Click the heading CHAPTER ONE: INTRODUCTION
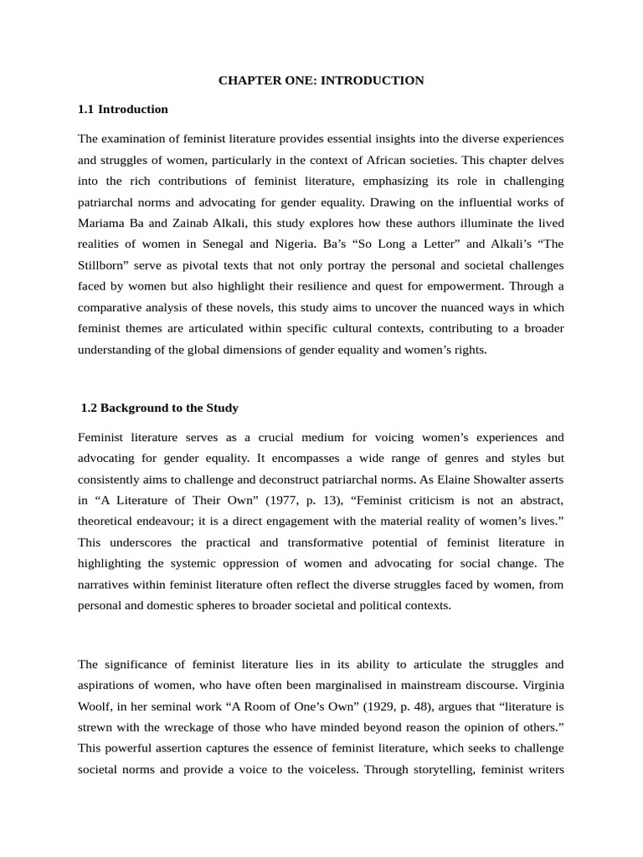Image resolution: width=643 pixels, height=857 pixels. pos(321,80)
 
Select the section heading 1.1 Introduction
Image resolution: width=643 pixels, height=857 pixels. pos(122,109)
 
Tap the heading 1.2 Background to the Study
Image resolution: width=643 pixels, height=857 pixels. pos(160,408)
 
